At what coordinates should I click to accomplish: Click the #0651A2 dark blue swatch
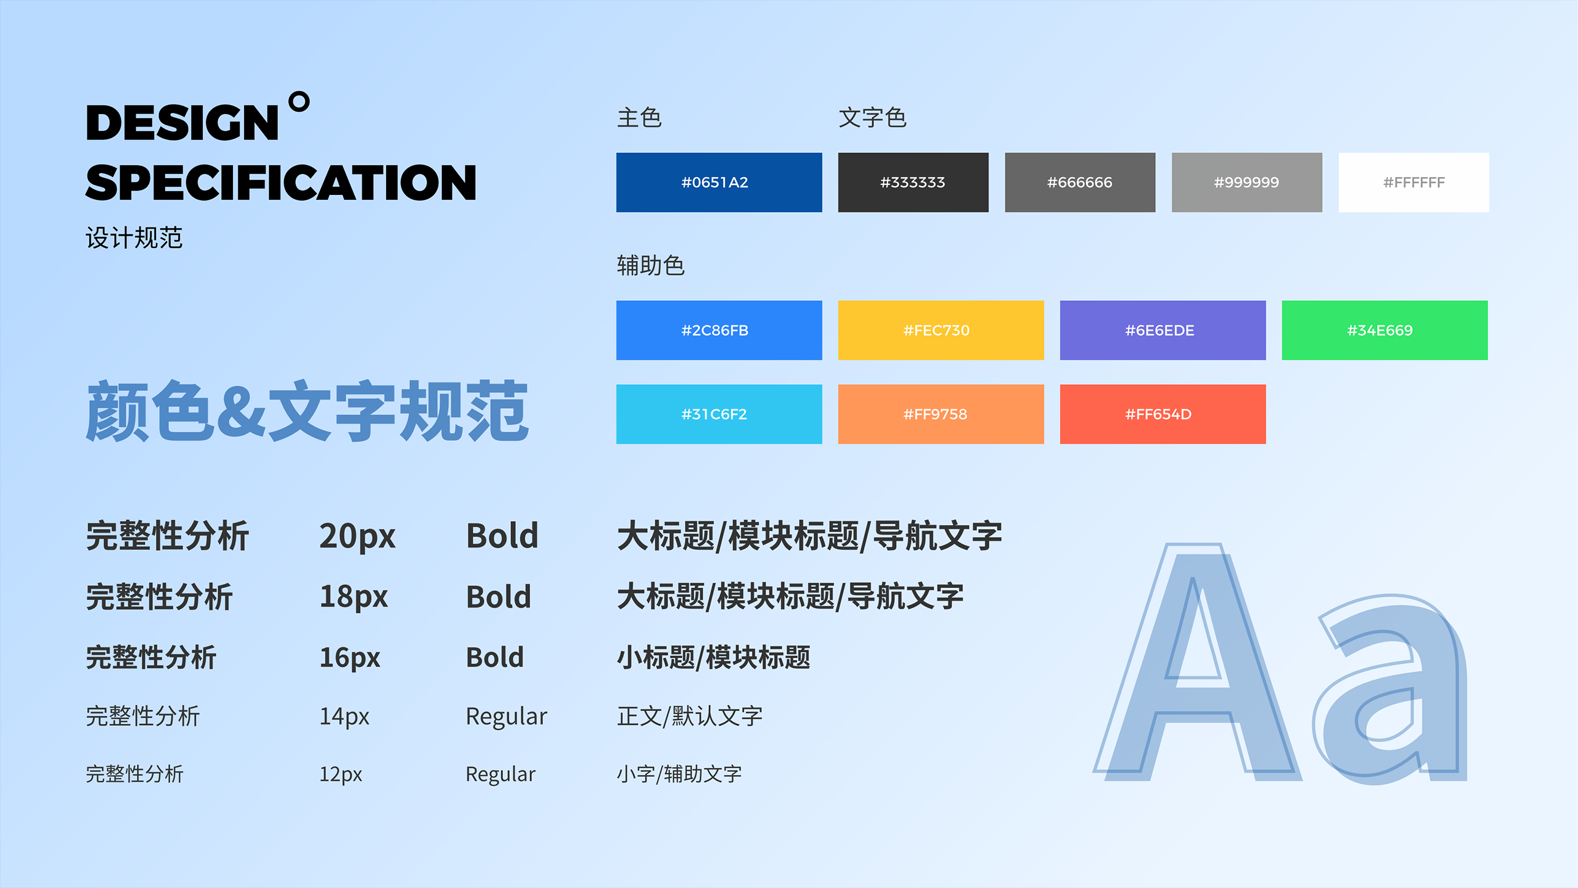719,183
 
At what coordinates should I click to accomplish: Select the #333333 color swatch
913,183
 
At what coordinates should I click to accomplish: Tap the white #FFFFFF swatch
1413,183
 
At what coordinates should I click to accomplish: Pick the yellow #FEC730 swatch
941,331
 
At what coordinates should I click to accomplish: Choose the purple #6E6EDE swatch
1163,331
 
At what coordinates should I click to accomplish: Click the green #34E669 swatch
1384,331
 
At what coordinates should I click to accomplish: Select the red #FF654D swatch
1163,414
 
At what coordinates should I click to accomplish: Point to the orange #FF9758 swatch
941,414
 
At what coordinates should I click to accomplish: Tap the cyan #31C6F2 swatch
719,414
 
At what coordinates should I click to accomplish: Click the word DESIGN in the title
182,123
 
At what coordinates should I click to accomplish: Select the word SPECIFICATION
281,183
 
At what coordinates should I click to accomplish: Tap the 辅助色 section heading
651,266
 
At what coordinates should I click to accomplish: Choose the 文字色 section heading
873,118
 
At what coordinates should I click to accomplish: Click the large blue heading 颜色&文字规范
307,411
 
